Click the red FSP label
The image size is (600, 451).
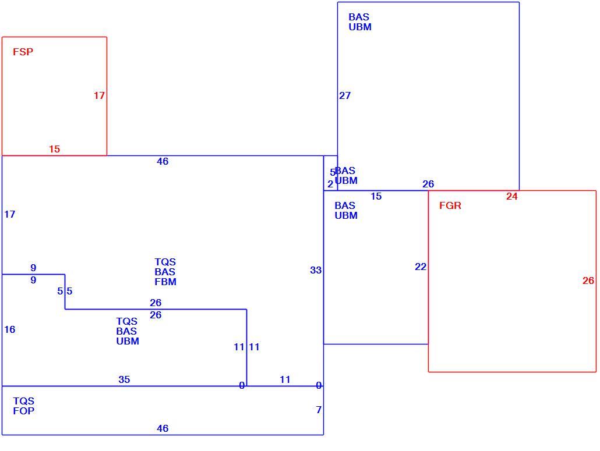pos(23,52)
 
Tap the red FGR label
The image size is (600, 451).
pos(450,205)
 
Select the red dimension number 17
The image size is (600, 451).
pos(99,95)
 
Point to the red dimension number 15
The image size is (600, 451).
pos(54,149)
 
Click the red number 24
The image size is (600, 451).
pos(511,197)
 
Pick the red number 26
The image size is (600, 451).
pos(588,280)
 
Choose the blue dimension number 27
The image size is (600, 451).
pos(345,95)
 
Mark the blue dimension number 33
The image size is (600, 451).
pos(316,270)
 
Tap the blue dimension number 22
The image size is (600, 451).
pos(421,267)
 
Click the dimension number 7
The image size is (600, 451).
pos(319,410)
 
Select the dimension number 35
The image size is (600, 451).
pos(124,379)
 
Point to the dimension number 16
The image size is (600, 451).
pos(9,329)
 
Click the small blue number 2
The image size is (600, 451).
pos(330,184)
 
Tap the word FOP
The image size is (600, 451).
pos(24,411)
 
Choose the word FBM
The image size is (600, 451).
pos(165,282)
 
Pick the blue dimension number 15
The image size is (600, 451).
pos(376,197)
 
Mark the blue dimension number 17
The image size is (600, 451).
pos(9,214)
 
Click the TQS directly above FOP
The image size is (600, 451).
pos(24,401)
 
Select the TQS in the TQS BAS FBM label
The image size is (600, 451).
pos(165,262)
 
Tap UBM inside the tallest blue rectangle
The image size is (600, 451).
pos(360,27)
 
